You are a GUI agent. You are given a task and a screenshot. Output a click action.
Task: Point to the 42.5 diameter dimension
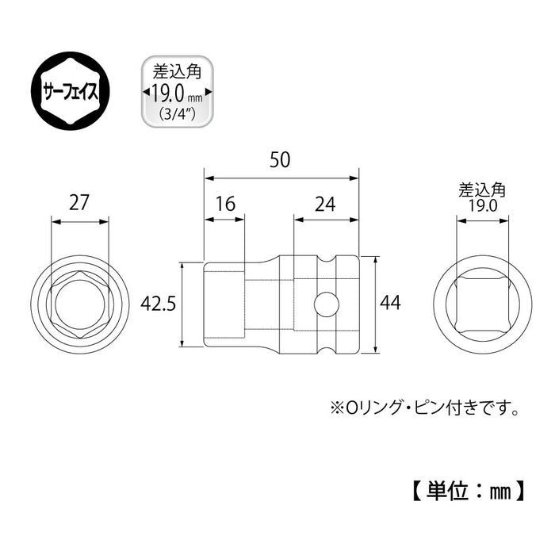[159, 304]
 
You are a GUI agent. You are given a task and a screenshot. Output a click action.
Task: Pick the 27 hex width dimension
[78, 203]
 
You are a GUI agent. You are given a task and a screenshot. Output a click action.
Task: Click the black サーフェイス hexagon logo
[70, 92]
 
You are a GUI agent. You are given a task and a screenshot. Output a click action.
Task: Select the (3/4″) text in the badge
[178, 113]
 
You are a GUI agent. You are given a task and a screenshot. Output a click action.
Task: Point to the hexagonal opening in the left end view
[78, 304]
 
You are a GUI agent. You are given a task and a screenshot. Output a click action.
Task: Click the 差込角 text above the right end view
[481, 190]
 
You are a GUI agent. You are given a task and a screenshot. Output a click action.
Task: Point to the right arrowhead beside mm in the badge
[211, 94]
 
